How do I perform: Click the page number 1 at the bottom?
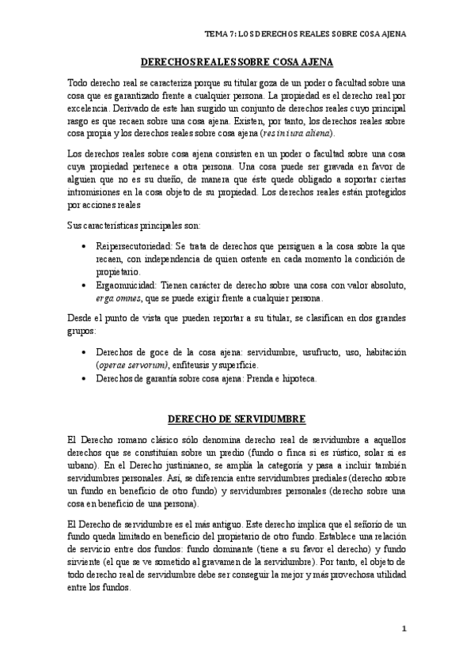[404, 629]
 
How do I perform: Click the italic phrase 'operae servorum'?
[129, 366]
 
